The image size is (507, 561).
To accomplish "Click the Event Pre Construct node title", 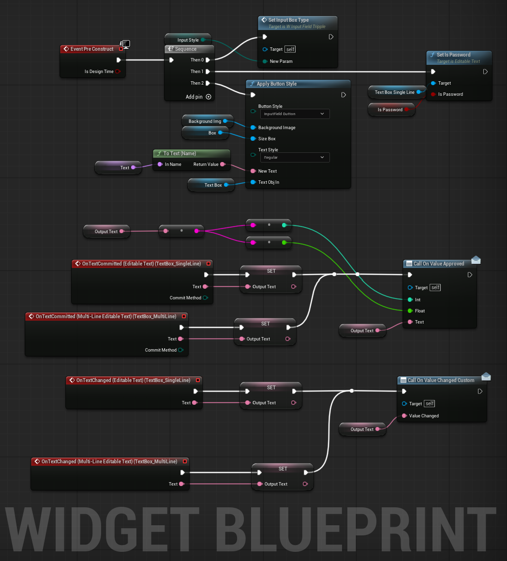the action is coord(92,49).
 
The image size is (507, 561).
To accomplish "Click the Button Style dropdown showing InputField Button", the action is coord(295,114).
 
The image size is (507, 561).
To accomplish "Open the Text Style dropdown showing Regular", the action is coord(295,158).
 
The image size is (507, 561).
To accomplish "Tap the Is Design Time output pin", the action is coord(118,72).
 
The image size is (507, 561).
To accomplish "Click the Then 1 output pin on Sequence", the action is coord(208,72).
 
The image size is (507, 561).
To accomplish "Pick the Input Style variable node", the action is coord(188,40).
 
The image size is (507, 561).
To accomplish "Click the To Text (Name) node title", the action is coord(179,153).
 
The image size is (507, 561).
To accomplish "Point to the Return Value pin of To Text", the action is coord(223,164).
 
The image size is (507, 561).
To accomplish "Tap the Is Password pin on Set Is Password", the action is coord(433,94).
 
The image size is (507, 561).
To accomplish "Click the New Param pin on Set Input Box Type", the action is coord(265,61).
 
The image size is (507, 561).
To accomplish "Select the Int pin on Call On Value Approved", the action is coord(410,299).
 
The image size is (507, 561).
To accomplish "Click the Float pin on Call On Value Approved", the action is coord(410,310).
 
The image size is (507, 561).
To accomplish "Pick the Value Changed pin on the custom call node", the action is coord(404,416).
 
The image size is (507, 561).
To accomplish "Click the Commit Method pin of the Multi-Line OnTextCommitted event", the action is coord(180,350).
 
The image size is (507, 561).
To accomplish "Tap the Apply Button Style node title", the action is coord(277,84).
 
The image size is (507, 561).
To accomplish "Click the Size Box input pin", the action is coord(253,138).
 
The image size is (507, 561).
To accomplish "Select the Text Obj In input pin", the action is coord(253,182).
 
